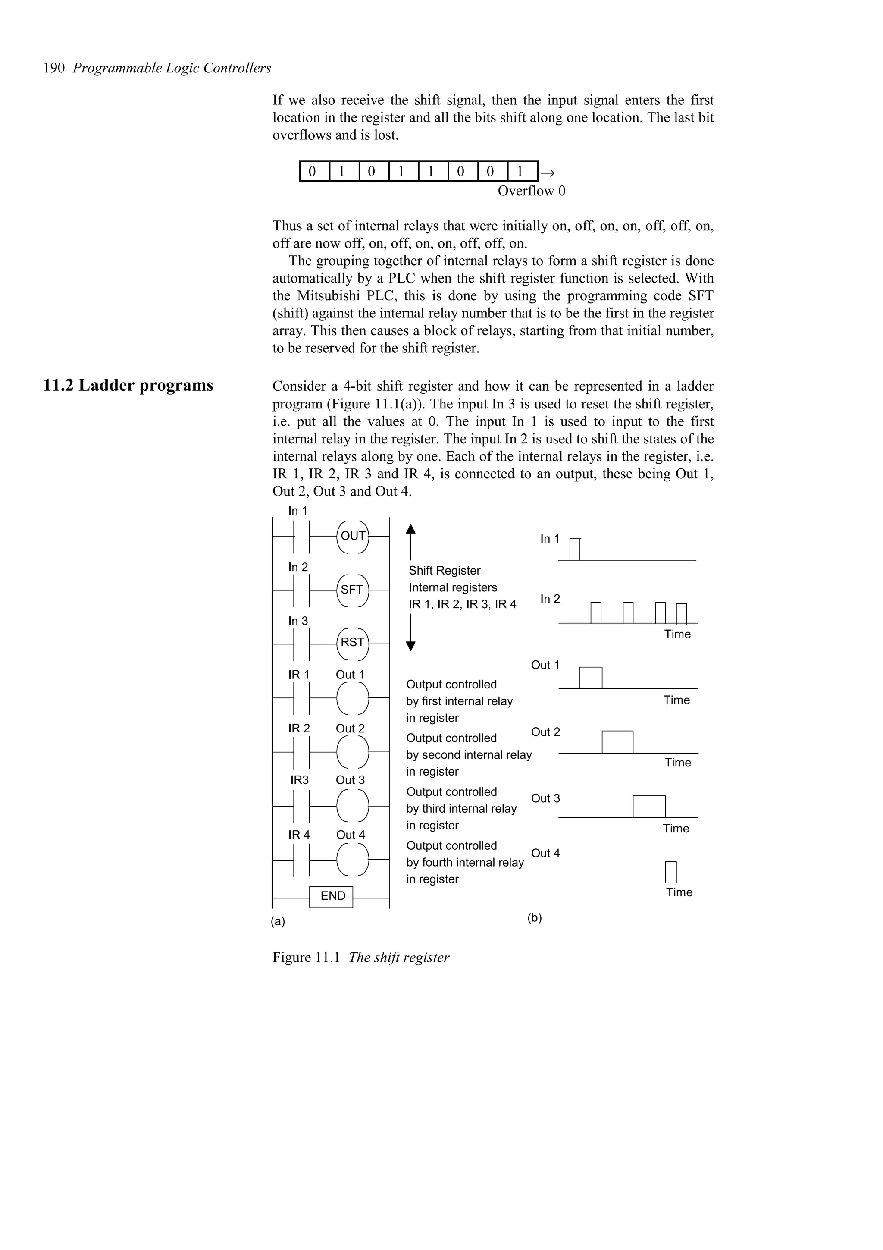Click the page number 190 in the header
point(54,68)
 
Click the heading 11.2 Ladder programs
point(128,386)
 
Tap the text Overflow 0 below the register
point(531,191)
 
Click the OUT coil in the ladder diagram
point(353,536)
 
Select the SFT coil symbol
point(352,590)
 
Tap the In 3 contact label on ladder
point(297,621)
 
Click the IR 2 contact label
point(299,729)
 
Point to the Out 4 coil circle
point(352,859)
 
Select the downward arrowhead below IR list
point(411,646)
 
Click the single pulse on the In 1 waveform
point(575,550)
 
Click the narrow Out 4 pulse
point(670,872)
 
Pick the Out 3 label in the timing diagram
point(545,798)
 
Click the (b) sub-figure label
point(534,918)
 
